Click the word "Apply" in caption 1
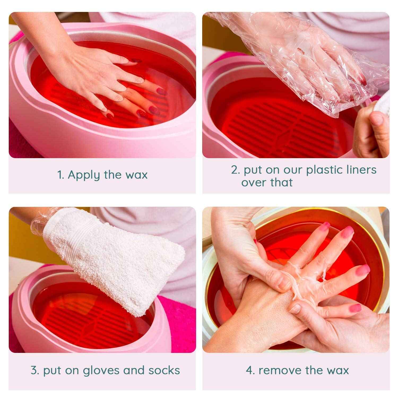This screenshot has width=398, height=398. (84, 175)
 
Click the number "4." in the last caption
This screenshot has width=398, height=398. (250, 370)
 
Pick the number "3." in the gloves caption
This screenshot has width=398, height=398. (35, 370)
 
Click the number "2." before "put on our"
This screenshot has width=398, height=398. (235, 170)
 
